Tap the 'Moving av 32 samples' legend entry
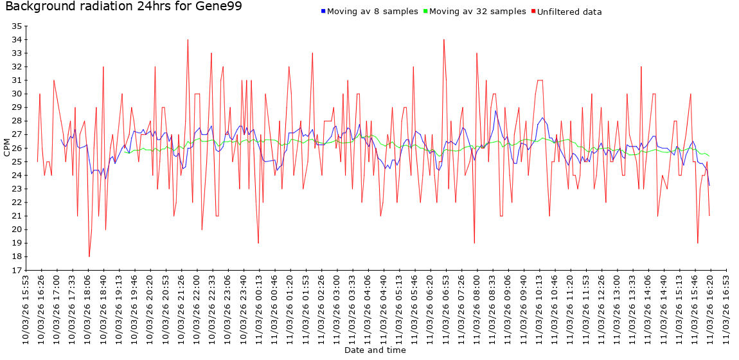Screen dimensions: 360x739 coord(477,12)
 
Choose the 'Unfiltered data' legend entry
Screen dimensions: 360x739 coord(569,12)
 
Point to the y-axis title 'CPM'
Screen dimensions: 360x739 coord(7,148)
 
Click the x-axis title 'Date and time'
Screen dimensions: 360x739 coord(375,350)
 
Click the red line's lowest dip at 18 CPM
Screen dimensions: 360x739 coord(89,256)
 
